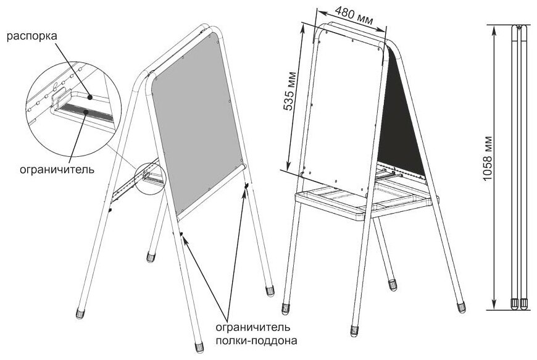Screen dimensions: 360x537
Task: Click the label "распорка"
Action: click(32, 36)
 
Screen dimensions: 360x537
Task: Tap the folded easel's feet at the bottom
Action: click(520, 303)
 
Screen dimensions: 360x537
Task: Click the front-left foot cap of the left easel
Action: click(80, 312)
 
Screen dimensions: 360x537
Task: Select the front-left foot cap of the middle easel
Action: click(285, 308)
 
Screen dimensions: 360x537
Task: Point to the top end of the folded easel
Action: click(520, 28)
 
